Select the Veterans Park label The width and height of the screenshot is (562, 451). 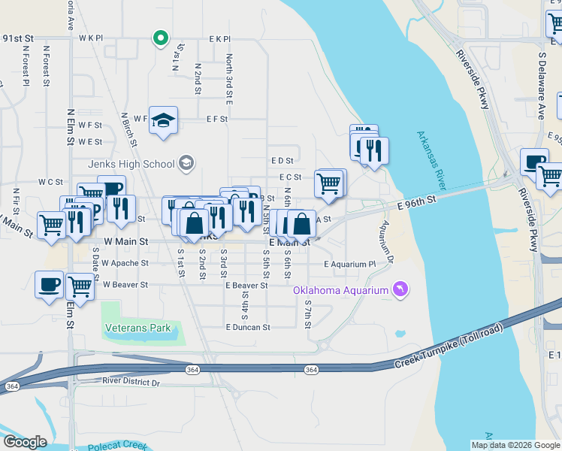coord(138,328)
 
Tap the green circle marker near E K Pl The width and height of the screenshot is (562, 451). coord(159,37)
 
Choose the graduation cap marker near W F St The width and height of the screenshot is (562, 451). coord(162,120)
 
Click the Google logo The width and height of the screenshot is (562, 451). coord(25,442)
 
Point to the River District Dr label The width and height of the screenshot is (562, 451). coord(131,383)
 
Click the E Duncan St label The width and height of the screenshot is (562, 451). coord(247,328)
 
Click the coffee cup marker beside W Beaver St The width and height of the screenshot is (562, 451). coord(50,284)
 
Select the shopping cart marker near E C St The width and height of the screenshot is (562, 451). coord(328,182)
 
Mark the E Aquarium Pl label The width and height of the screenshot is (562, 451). coord(349,265)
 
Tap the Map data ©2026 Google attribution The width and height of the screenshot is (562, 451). coord(515,445)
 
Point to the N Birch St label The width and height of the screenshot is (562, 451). coord(128,129)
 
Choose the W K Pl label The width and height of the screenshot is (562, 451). coord(89,37)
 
